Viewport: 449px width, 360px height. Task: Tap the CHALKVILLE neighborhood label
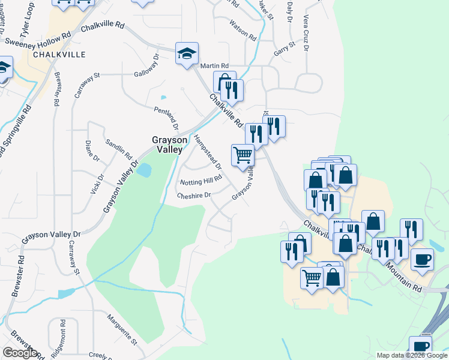pyautogui.click(x=59, y=54)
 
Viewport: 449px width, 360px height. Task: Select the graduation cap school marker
pyautogui.click(x=187, y=53)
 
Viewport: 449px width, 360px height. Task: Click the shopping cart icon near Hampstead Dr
pyautogui.click(x=243, y=155)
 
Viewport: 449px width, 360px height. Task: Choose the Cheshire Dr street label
pyautogui.click(x=194, y=195)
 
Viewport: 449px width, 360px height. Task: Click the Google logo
pyautogui.click(x=19, y=353)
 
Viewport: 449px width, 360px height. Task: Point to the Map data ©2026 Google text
pyautogui.click(x=412, y=355)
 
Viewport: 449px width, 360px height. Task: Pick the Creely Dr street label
pyautogui.click(x=98, y=355)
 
